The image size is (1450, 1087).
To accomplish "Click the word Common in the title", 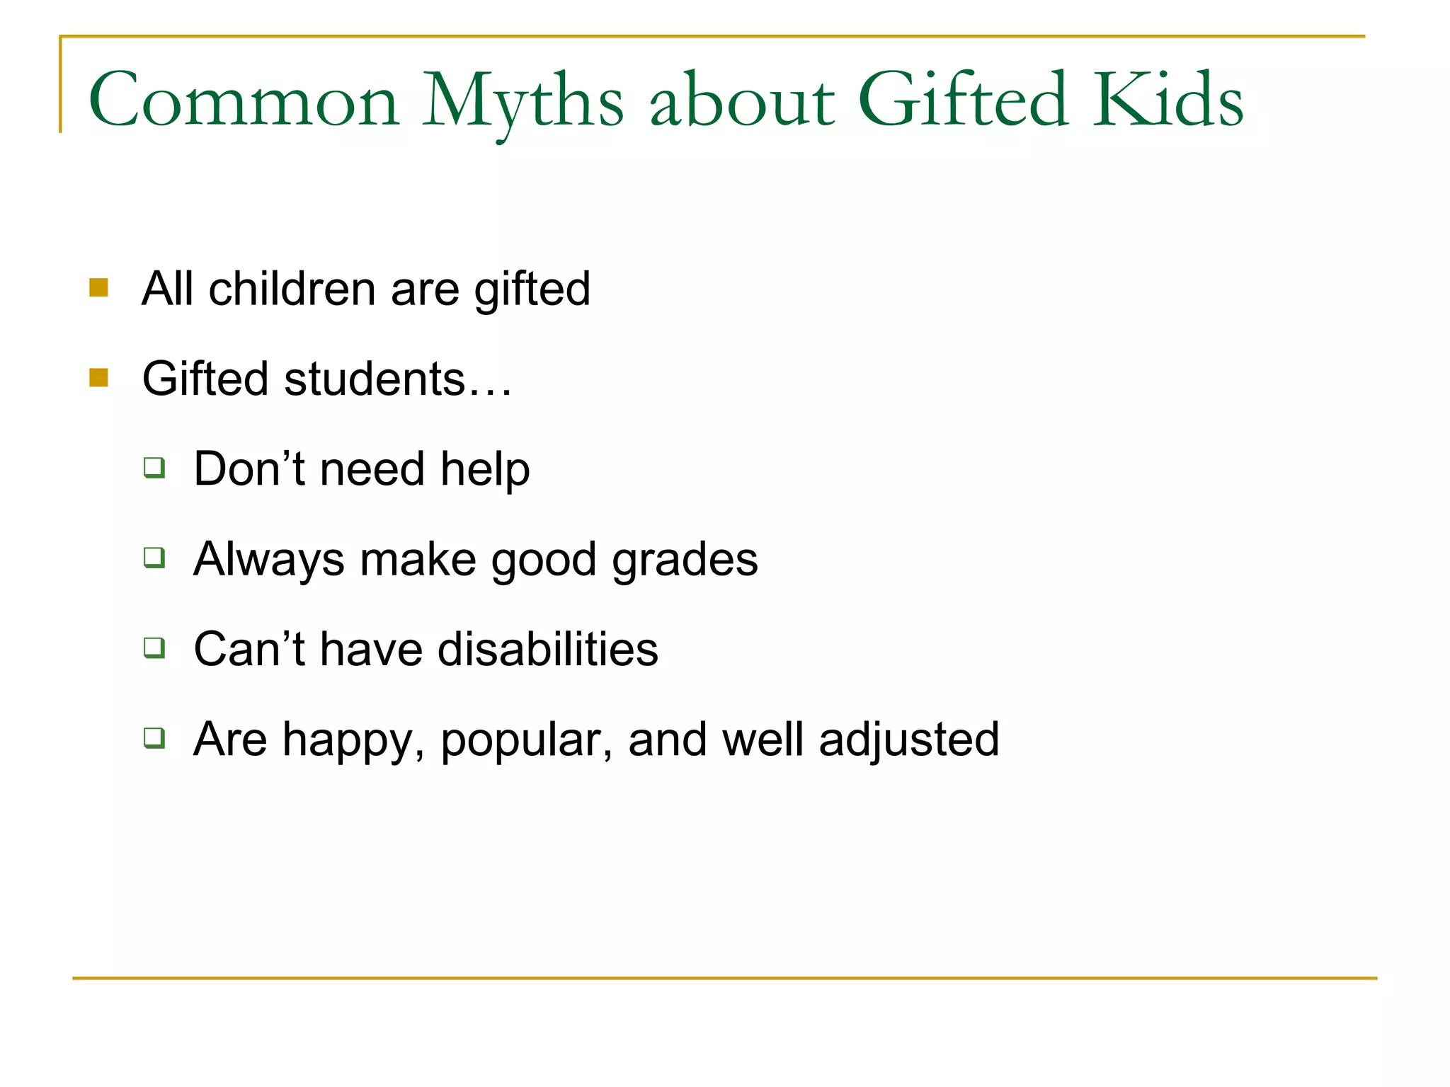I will tap(244, 100).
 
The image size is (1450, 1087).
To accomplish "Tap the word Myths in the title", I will tap(523, 100).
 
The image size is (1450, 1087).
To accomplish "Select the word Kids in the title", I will tap(1168, 100).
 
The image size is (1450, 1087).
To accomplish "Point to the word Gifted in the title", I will tap(962, 100).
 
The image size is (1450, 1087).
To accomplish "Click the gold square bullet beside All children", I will tap(98, 287).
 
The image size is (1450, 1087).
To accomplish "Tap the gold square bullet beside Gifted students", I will tap(98, 377).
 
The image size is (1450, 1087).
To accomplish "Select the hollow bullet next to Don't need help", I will tap(154, 468).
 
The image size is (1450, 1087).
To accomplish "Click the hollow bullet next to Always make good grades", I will tap(154, 558).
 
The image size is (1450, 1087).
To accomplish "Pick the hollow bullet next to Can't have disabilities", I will tap(154, 648).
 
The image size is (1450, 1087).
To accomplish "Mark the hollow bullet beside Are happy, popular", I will tap(154, 738).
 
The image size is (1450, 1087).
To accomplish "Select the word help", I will tap(485, 469).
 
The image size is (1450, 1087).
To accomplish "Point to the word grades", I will tap(685, 560).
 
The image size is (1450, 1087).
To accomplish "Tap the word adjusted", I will tap(909, 740).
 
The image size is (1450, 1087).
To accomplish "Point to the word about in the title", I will tap(742, 100).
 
